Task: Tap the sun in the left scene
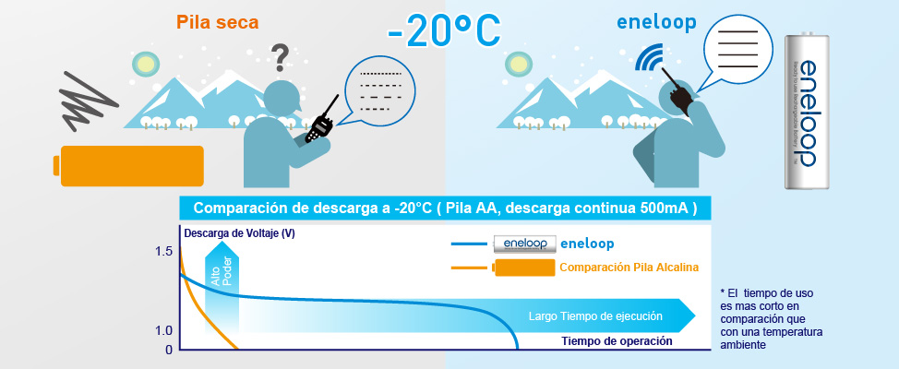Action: point(145,63)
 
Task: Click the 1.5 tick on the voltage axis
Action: point(163,251)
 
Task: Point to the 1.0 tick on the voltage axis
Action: point(163,330)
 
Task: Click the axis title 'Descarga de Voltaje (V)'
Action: point(239,233)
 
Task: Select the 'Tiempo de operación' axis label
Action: point(617,340)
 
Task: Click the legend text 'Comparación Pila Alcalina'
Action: point(629,268)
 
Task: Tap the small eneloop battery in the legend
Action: point(523,244)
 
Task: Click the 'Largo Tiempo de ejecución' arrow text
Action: point(595,316)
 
